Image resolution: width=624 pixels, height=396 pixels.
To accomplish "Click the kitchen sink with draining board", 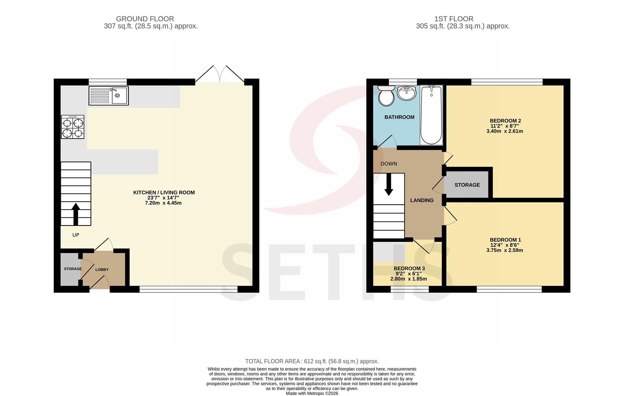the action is click(x=109, y=96).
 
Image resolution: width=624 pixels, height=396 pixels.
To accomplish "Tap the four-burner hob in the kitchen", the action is click(x=73, y=127).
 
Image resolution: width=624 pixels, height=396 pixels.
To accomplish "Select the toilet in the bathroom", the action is click(x=386, y=96).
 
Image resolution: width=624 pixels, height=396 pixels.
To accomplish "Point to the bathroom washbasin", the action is click(x=407, y=93).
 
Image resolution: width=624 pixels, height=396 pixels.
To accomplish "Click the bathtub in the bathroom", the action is click(x=431, y=115).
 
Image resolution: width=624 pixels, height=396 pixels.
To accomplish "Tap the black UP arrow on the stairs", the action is click(x=76, y=214).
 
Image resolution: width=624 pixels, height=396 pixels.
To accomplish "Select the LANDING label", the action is click(x=422, y=200).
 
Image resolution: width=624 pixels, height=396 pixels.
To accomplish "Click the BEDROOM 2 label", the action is click(x=505, y=121).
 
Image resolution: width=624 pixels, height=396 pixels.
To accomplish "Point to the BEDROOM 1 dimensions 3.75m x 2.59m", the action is click(x=504, y=250).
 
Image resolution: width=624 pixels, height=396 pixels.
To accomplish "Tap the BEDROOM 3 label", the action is click(x=409, y=268).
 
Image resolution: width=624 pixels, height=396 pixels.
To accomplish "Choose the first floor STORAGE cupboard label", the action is click(x=467, y=185).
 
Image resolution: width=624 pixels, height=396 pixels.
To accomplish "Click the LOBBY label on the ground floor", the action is click(x=102, y=269).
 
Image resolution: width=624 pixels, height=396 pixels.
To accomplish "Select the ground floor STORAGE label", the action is click(x=73, y=269).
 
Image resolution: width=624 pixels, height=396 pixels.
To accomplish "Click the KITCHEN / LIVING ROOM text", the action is click(x=164, y=192).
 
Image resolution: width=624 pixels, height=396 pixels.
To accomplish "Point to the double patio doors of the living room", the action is click(x=220, y=74).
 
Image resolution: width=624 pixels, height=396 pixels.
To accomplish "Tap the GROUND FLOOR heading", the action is click(x=145, y=19).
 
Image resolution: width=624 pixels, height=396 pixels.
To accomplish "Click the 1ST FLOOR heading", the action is click(x=454, y=19).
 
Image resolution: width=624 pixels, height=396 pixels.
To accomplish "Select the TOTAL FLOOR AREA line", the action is click(x=312, y=361).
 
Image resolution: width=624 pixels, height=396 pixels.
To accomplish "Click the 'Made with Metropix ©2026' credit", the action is click(x=312, y=393).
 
